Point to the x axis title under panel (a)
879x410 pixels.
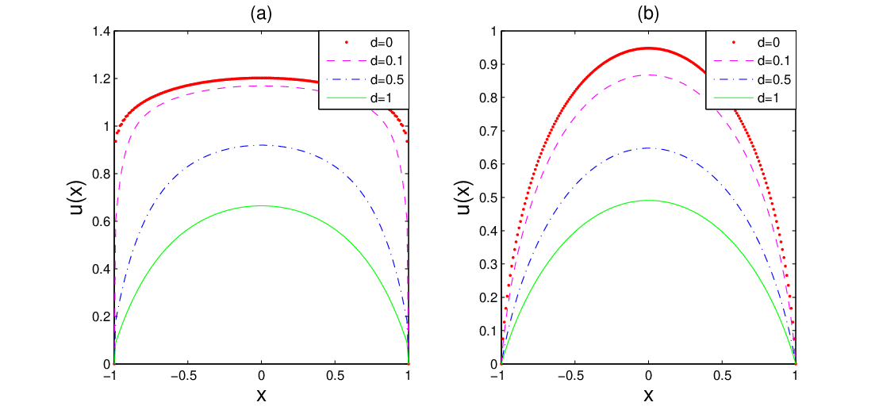(x=261, y=396)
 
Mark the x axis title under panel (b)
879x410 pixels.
(x=648, y=396)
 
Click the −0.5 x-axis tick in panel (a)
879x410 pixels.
(x=187, y=377)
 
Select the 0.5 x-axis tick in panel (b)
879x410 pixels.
(x=721, y=377)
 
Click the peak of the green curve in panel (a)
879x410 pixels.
(x=261, y=205)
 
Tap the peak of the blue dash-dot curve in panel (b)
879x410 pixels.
(x=648, y=148)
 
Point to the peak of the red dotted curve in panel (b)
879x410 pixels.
(x=648, y=48)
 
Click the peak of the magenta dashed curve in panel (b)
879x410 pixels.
(x=648, y=75)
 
